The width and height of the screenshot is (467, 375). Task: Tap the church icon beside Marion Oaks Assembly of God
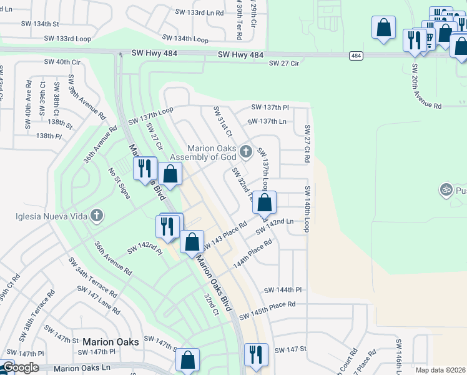[x=246, y=151]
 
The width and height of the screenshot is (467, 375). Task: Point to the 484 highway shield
[x=355, y=56]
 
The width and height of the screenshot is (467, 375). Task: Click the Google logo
[x=20, y=367]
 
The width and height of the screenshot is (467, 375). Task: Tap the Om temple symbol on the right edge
[x=446, y=188]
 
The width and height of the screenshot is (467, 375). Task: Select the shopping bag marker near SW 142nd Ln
[x=265, y=203]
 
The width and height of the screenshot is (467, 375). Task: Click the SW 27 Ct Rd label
[x=307, y=144]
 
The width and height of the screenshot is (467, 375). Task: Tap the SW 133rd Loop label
[x=67, y=38]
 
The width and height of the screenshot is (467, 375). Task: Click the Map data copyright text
[x=441, y=370]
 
